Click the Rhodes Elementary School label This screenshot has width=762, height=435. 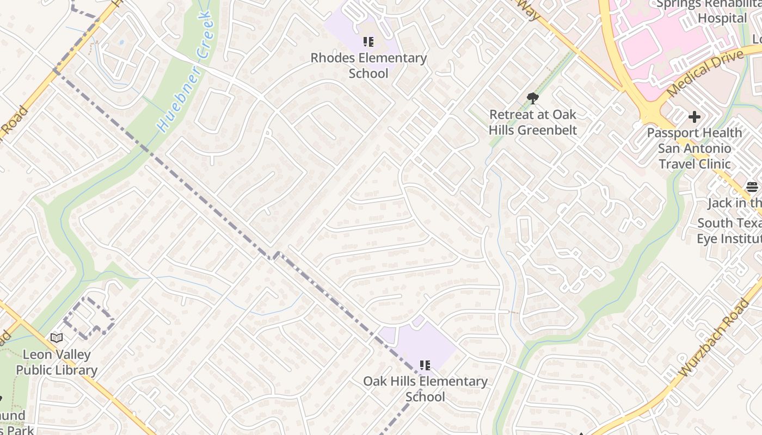tap(368, 65)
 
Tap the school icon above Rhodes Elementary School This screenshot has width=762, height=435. tap(368, 42)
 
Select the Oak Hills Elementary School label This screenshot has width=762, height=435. tap(425, 389)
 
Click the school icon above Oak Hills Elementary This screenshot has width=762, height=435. tap(425, 365)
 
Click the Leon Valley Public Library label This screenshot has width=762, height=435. tap(57, 363)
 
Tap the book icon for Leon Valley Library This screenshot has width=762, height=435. tap(57, 338)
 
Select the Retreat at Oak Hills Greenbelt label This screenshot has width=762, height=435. tap(532, 122)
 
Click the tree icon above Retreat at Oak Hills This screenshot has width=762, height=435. tap(533, 98)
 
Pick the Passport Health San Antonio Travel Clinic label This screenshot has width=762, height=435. tap(694, 148)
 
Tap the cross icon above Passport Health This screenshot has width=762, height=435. tap(694, 116)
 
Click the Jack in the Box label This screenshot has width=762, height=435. tap(735, 203)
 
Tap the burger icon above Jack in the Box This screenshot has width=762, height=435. tap(752, 188)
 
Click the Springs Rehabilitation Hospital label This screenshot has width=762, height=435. tap(708, 11)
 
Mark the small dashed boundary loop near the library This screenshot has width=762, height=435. tap(87, 318)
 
